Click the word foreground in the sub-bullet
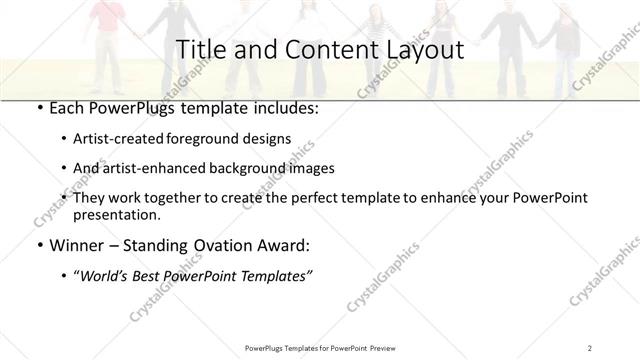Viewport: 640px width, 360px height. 215,139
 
